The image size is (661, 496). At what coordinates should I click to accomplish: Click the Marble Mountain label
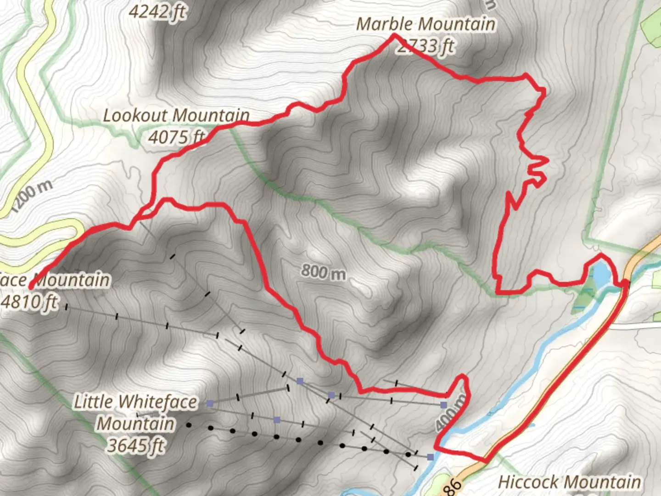point(426,24)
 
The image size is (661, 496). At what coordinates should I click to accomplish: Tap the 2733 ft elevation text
point(426,46)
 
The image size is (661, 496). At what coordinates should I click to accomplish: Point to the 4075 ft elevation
point(176,137)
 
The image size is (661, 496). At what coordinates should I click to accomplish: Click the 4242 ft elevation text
point(157,12)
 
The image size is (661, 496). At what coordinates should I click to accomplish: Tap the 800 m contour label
point(324,272)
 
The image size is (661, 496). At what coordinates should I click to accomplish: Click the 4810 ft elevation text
point(30,302)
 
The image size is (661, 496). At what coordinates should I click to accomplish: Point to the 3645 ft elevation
point(136,445)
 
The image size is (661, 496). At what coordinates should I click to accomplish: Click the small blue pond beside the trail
point(601,274)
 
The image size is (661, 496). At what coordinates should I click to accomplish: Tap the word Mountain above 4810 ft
point(73,280)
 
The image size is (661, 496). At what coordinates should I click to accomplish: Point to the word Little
point(93,402)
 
